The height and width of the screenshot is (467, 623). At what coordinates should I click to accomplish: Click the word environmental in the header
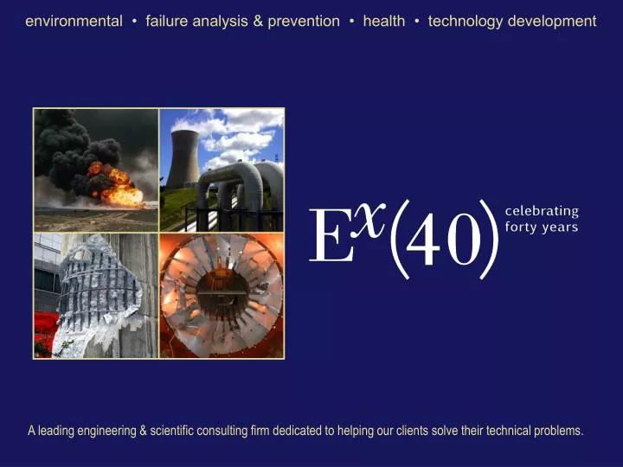74,21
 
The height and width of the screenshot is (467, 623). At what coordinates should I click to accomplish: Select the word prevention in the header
304,21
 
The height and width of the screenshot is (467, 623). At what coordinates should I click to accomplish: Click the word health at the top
383,21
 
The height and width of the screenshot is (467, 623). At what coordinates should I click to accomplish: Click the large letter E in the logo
331,237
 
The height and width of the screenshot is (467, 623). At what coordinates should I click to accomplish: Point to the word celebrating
542,211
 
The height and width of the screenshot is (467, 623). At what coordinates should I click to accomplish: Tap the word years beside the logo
561,227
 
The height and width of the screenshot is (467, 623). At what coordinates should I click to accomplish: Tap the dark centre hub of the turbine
222,294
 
